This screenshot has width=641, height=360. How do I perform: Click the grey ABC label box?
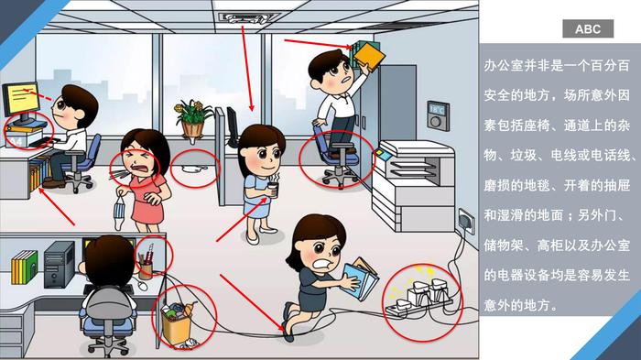click(x=588, y=28)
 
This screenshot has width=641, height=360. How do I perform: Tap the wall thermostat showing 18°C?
click(x=439, y=115)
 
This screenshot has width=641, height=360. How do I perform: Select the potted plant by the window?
click(x=192, y=119)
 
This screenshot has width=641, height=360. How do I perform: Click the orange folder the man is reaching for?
click(x=370, y=56)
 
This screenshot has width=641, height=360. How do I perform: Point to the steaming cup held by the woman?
click(x=273, y=190)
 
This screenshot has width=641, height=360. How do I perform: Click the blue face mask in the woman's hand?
click(x=118, y=213)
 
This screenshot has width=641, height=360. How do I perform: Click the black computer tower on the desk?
click(x=59, y=265)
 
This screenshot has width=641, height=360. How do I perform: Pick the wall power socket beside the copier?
click(x=466, y=221)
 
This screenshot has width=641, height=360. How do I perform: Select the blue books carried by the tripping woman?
click(x=359, y=279)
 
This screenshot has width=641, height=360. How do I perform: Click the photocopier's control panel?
click(x=383, y=154)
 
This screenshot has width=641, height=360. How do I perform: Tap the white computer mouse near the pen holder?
click(x=142, y=286)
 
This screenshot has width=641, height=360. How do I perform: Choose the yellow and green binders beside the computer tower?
click(x=24, y=267)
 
